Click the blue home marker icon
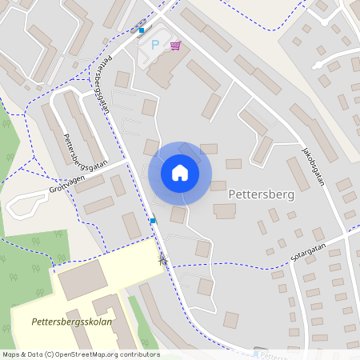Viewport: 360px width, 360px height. coord(180,173)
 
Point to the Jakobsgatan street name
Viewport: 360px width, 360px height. coord(316,165)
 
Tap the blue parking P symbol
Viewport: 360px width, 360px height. coord(155,45)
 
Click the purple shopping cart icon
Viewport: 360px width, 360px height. coord(174,45)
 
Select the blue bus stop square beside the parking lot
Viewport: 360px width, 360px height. coord(142,30)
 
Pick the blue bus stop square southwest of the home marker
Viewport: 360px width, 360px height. coord(152,220)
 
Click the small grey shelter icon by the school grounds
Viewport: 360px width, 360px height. coord(163,258)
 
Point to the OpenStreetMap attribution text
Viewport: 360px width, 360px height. coord(81,354)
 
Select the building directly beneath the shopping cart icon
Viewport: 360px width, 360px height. coord(164,72)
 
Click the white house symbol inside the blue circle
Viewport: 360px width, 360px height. coord(180,173)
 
